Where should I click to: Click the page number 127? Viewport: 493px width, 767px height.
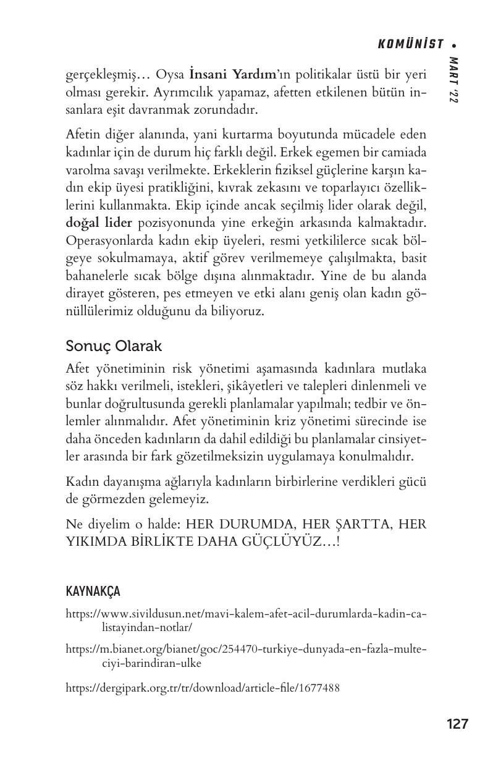(x=457, y=724)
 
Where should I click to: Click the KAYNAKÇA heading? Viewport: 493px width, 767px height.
(x=93, y=591)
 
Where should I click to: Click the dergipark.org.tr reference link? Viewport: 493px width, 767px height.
(x=203, y=687)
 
